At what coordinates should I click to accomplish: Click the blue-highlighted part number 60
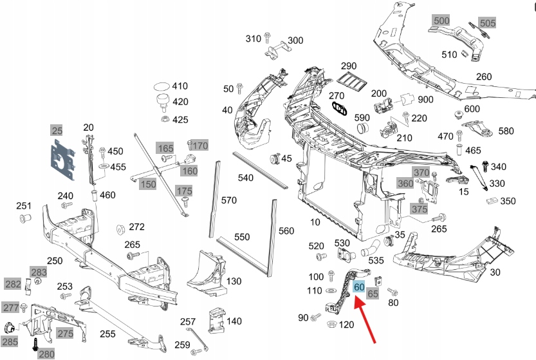360,287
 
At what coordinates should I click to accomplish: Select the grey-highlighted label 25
57,131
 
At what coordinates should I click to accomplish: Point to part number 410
180,86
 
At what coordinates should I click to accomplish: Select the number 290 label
348,66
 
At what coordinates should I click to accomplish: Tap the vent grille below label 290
350,81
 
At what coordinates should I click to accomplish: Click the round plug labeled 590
362,128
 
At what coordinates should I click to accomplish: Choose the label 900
425,100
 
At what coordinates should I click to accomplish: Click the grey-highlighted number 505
488,23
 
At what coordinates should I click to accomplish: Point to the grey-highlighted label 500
441,21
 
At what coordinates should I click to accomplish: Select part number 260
483,77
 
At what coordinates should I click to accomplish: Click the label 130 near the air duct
234,281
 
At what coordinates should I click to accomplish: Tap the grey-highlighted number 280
47,354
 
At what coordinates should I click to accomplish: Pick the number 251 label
24,206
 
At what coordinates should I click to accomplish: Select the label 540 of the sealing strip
246,177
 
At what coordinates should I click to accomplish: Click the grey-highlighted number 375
419,209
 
